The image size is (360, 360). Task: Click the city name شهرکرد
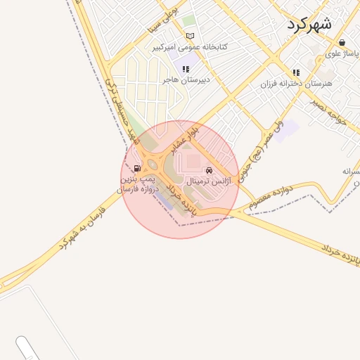point(309,23)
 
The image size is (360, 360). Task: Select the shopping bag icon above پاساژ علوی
point(342,42)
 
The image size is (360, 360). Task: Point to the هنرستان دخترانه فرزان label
point(296,83)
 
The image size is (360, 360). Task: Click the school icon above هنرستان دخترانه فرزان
point(296,72)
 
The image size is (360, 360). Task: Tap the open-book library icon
point(189,37)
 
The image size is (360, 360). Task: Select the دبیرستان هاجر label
point(186,80)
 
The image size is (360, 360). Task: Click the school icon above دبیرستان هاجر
point(186,70)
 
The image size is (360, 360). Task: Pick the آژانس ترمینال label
point(209,181)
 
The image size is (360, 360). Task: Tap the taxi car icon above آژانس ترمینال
point(209,171)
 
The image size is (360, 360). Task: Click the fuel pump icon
point(136,169)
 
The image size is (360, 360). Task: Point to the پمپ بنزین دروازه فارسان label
point(139,184)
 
